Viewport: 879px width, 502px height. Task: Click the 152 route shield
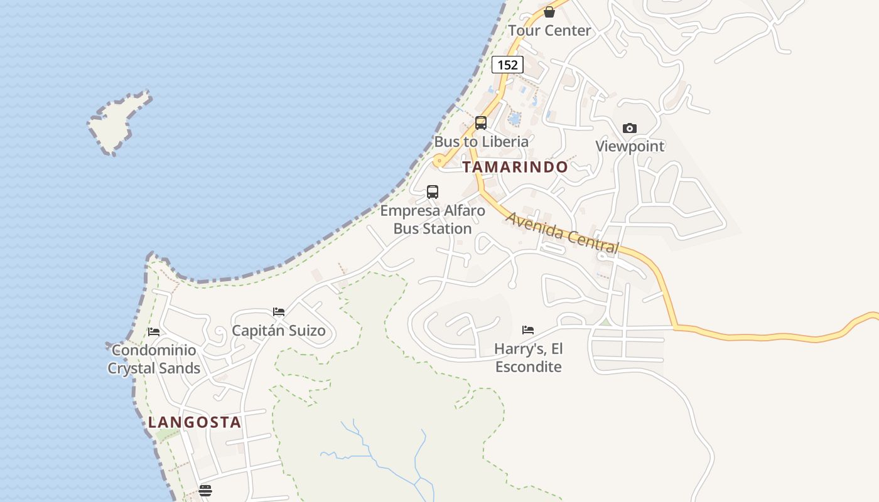click(507, 65)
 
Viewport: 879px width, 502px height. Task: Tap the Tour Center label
click(549, 30)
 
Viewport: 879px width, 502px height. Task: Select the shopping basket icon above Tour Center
click(549, 12)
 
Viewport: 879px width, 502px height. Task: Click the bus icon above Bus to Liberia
click(481, 123)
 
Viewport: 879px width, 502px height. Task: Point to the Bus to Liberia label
click(482, 142)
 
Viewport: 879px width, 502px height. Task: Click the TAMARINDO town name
click(515, 167)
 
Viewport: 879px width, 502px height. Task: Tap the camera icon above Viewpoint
click(630, 128)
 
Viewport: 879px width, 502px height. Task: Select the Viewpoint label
click(630, 146)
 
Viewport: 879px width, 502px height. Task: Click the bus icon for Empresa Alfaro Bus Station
click(433, 192)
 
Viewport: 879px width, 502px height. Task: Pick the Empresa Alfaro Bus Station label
click(433, 220)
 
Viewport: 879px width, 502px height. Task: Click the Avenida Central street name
click(563, 233)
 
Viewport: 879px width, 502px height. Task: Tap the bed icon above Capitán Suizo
click(279, 312)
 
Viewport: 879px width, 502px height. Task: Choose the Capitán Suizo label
click(279, 331)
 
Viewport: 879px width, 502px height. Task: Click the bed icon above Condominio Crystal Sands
click(154, 332)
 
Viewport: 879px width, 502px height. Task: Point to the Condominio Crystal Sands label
click(154, 359)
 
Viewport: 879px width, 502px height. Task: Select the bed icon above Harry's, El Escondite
click(528, 330)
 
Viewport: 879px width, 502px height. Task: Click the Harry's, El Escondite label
click(528, 358)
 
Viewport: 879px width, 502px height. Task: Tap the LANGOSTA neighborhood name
click(195, 422)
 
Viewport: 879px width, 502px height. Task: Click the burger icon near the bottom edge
click(205, 491)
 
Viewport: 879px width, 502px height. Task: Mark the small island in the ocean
click(118, 122)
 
